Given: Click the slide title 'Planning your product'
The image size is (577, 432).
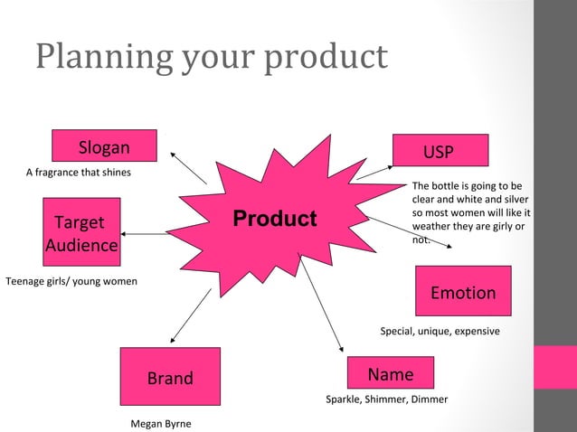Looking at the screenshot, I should click(x=212, y=56).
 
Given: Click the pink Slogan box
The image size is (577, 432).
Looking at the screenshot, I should click(x=104, y=146).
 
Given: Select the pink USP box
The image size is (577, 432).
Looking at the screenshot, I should click(x=440, y=150).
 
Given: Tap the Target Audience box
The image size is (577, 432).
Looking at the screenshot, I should click(x=81, y=233).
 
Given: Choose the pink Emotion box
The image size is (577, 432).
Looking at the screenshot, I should click(x=462, y=291).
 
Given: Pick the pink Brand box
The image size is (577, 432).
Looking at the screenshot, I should click(x=170, y=377).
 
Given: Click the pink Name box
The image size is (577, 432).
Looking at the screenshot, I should click(x=391, y=373).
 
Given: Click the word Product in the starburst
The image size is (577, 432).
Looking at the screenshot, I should click(x=275, y=219).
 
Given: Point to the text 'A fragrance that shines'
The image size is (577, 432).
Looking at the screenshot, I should click(x=78, y=173).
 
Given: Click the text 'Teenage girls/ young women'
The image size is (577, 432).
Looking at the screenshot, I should click(x=71, y=281).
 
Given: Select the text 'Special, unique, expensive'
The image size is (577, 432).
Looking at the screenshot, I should click(x=440, y=332).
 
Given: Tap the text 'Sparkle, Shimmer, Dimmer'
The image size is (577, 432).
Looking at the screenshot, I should click(x=386, y=399).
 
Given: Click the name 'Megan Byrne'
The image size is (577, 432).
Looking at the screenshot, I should click(x=161, y=423).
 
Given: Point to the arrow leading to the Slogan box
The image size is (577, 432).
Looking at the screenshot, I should click(x=188, y=166).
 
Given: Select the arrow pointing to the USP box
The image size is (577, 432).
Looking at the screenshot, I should click(x=374, y=172).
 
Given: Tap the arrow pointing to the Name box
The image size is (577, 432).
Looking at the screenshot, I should click(x=323, y=307).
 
